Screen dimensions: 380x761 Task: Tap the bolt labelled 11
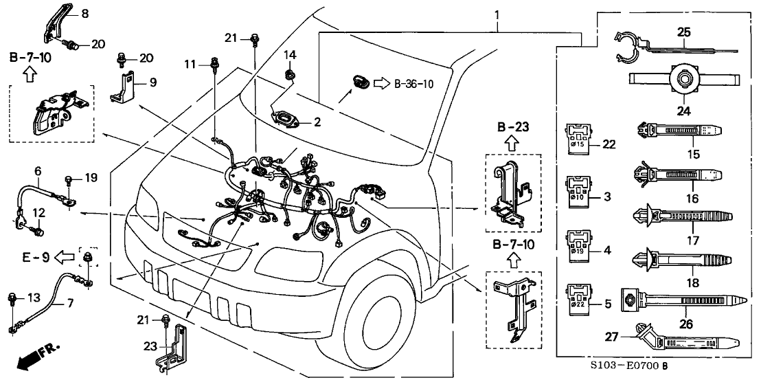click(215, 65)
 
